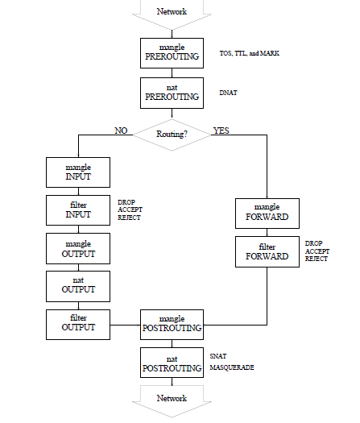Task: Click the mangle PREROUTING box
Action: (172, 53)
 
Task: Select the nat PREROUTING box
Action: (172, 93)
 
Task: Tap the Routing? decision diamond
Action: (172, 135)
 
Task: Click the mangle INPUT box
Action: (78, 172)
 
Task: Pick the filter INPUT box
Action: (78, 210)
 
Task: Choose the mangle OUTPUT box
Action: (78, 248)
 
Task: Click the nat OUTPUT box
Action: (78, 286)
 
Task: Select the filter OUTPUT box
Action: (78, 325)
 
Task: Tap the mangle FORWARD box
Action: (267, 214)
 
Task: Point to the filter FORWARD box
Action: (267, 251)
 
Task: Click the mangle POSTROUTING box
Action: (172, 325)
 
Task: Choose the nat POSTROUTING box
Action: (172, 363)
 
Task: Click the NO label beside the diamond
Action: (121, 131)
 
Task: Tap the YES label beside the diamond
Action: (221, 131)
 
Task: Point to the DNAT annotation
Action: (229, 93)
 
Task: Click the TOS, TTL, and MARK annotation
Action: (250, 53)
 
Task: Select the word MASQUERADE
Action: (232, 367)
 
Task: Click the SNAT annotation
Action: (218, 356)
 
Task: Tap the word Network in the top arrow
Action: (172, 11)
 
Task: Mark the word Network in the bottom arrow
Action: (172, 398)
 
